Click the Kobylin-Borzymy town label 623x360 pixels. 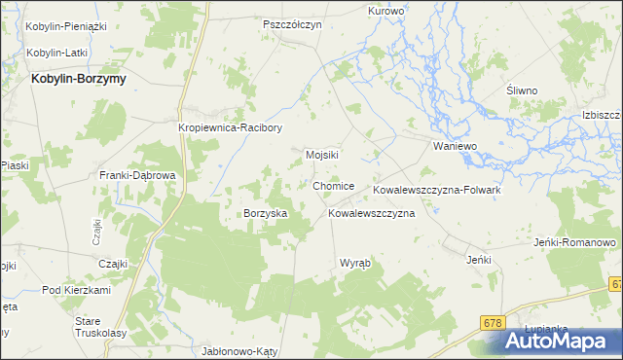79,79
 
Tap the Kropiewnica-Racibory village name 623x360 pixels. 230,126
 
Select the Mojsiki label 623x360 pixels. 322,155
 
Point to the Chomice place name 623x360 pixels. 334,186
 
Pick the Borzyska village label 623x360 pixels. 265,212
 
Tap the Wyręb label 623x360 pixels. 354,264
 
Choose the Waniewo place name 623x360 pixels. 455,146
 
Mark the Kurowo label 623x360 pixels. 385,11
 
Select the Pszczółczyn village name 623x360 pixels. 292,24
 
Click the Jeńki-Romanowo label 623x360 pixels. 575,241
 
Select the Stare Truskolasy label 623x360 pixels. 101,327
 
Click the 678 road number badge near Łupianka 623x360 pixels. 495,320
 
